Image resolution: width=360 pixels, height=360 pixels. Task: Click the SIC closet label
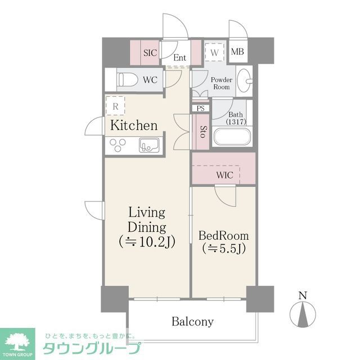[150, 53]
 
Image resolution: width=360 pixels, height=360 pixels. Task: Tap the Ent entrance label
[180, 57]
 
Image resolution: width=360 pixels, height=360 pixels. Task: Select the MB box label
[238, 52]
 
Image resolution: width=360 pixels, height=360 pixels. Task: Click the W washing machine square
[214, 52]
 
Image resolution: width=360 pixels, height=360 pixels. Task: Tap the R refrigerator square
[115, 105]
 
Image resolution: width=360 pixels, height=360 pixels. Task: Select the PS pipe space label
[200, 108]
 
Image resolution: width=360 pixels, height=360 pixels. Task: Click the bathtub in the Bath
[232, 138]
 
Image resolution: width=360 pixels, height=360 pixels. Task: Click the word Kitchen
[133, 125]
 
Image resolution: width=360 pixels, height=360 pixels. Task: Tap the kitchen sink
[149, 145]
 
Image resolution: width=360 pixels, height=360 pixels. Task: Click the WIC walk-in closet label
[224, 175]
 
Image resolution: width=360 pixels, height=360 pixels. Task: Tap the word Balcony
[192, 322]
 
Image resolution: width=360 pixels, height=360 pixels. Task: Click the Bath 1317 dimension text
[235, 121]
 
